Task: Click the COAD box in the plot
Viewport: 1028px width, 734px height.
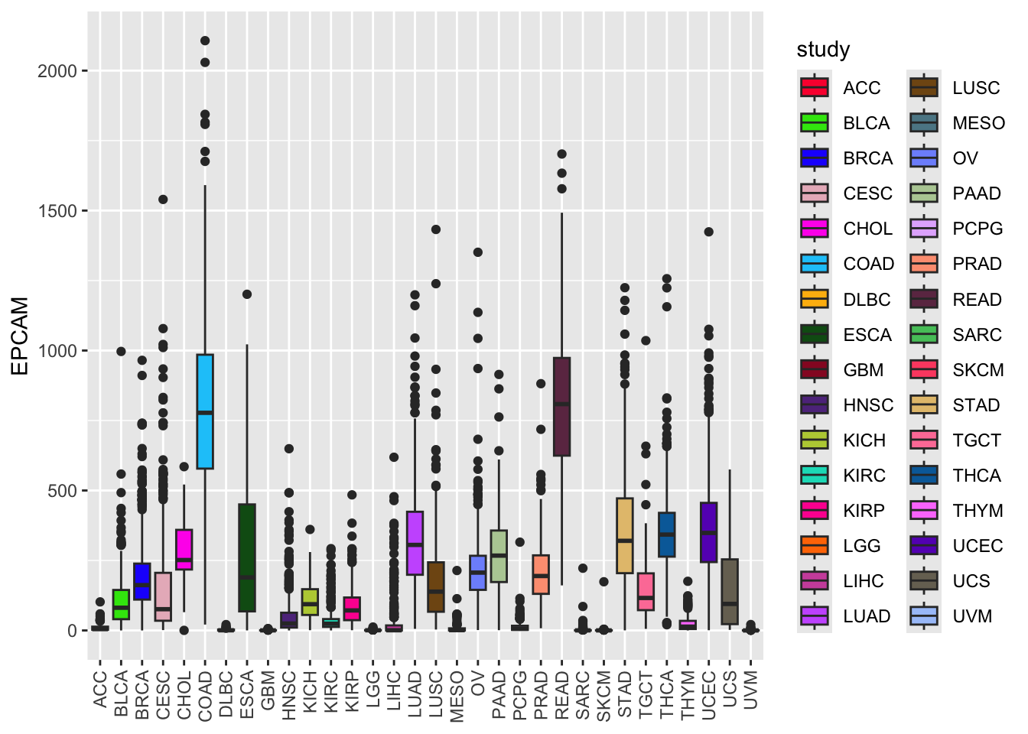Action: pyautogui.click(x=205, y=411)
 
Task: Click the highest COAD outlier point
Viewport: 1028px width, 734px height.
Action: pyautogui.click(x=205, y=41)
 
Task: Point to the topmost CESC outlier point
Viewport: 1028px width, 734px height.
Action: pyautogui.click(x=163, y=200)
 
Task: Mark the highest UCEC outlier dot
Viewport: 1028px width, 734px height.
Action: pyautogui.click(x=708, y=232)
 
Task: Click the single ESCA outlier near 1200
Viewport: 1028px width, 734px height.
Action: pyautogui.click(x=247, y=294)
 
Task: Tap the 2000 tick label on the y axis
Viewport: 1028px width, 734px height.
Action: pyautogui.click(x=57, y=71)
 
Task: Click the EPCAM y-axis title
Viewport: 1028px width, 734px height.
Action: pyautogui.click(x=21, y=336)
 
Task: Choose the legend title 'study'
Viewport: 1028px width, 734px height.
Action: pyautogui.click(x=823, y=50)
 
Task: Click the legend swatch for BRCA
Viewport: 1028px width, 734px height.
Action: pyautogui.click(x=815, y=158)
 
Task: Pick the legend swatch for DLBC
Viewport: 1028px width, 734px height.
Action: pyautogui.click(x=815, y=299)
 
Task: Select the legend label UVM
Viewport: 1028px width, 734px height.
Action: pyautogui.click(x=971, y=616)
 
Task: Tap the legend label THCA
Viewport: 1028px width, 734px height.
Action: pyautogui.click(x=976, y=476)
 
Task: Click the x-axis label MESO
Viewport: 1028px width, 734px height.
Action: pyautogui.click(x=457, y=696)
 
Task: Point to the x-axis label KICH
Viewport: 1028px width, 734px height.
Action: pyautogui.click(x=310, y=692)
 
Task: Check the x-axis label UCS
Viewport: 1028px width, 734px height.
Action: pyautogui.click(x=730, y=689)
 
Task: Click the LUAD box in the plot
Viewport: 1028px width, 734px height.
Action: pyautogui.click(x=415, y=543)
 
